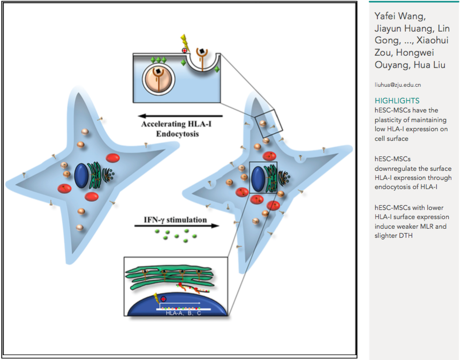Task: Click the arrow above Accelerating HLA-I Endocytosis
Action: click(x=179, y=115)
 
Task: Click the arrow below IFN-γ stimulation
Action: click(x=177, y=226)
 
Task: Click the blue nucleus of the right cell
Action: click(x=258, y=178)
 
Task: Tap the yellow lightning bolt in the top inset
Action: click(x=185, y=40)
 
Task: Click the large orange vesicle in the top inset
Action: click(x=158, y=78)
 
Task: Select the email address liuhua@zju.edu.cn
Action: click(x=398, y=85)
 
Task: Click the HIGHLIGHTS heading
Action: click(x=397, y=101)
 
